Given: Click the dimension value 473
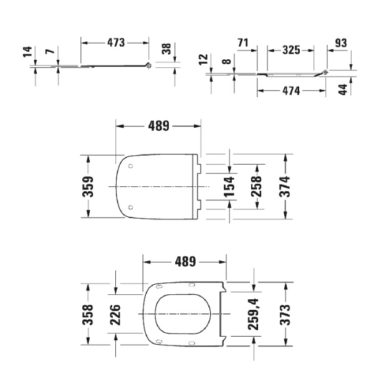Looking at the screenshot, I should click(x=115, y=42).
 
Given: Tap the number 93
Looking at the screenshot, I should click(x=340, y=43).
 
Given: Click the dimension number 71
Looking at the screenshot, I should click(x=244, y=43).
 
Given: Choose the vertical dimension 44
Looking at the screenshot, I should click(x=342, y=89).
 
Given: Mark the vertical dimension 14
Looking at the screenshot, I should click(x=26, y=52).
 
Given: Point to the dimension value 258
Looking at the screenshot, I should click(x=256, y=186).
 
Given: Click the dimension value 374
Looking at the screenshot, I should click(x=286, y=186).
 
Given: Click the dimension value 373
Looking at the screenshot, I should click(x=286, y=314).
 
